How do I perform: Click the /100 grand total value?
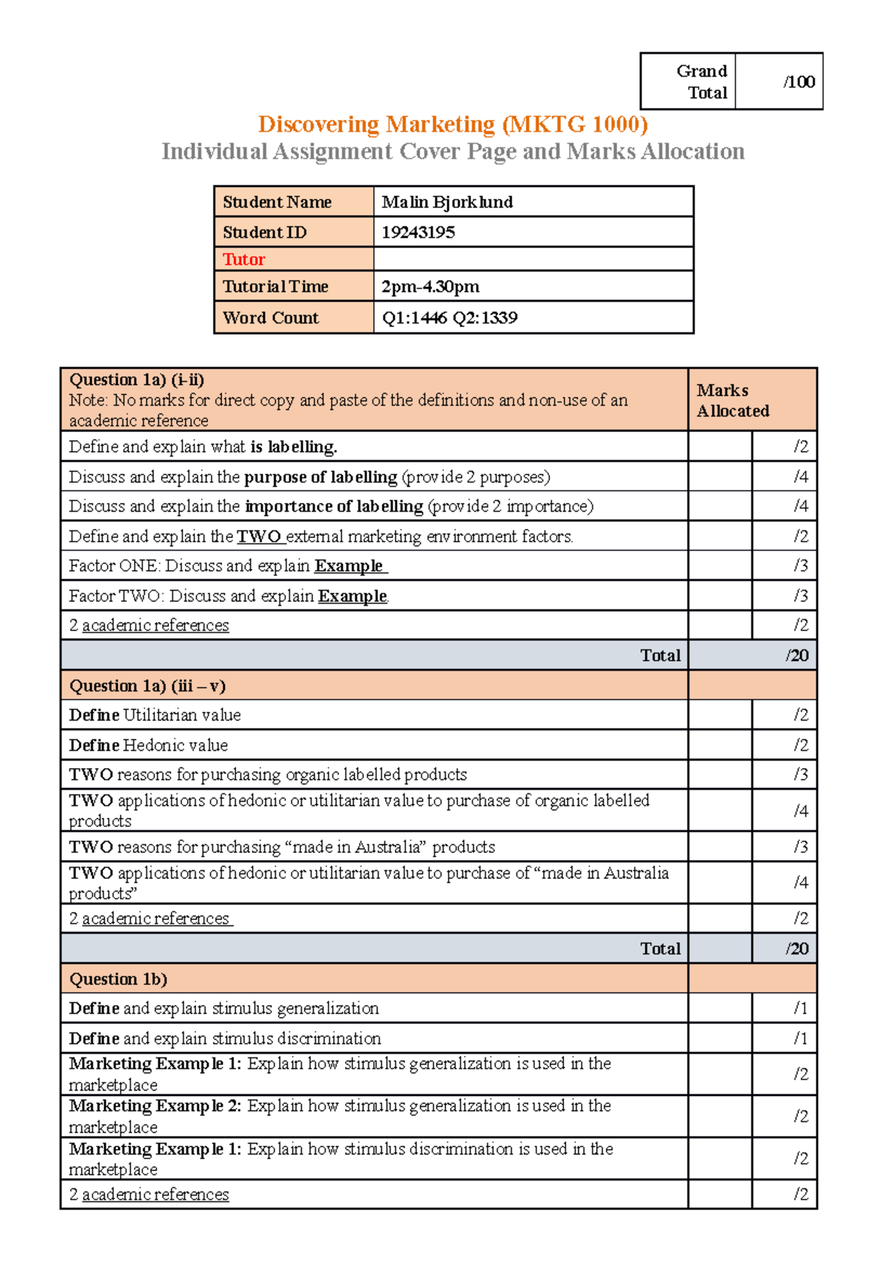(x=799, y=82)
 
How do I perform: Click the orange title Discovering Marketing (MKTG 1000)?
(x=452, y=124)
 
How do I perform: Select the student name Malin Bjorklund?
(x=447, y=202)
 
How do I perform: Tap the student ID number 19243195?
(x=418, y=232)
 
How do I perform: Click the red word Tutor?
(x=244, y=259)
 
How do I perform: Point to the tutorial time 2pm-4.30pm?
(x=430, y=287)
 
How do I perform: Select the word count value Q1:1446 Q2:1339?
(x=449, y=318)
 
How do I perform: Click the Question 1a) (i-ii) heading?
(x=136, y=379)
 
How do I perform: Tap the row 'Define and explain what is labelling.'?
(x=203, y=447)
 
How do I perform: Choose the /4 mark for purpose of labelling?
(x=801, y=477)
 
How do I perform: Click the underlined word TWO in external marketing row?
(x=259, y=536)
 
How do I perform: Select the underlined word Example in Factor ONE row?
(x=349, y=566)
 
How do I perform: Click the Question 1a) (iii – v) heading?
(x=147, y=685)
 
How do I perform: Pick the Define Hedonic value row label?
(x=148, y=745)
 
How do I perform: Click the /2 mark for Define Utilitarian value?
(x=801, y=715)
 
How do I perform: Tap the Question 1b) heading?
(x=118, y=979)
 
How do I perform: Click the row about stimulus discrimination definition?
(x=224, y=1039)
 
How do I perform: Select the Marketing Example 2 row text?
(x=340, y=1115)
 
